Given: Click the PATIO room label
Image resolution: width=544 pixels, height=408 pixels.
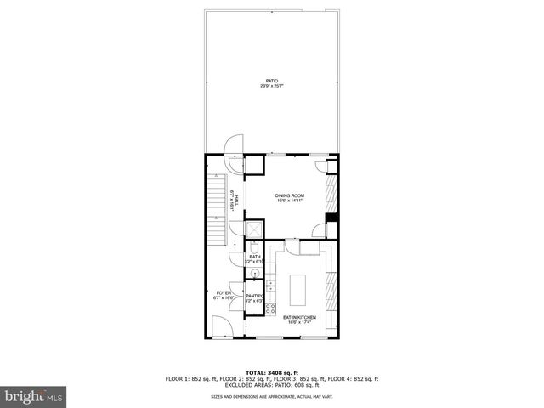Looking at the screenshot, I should [x=271, y=83].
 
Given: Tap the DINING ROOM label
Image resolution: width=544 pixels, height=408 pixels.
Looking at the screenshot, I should [x=289, y=199].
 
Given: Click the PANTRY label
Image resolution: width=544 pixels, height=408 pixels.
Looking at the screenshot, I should [x=254, y=298].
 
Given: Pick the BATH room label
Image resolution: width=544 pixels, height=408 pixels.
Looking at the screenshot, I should [x=254, y=258].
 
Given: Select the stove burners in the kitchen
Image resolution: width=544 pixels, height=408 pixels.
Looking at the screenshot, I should [x=271, y=308].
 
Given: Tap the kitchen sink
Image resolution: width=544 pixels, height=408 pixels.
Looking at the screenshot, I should [x=270, y=283].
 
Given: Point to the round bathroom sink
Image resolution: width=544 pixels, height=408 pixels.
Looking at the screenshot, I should [x=253, y=274].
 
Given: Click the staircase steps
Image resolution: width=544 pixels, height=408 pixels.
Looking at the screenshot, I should [x=218, y=204].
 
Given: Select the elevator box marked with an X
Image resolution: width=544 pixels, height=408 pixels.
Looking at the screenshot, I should [x=253, y=229].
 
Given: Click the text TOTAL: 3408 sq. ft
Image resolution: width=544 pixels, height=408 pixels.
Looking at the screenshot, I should [x=271, y=372].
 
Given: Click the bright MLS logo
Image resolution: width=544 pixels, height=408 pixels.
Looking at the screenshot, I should [x=33, y=396].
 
